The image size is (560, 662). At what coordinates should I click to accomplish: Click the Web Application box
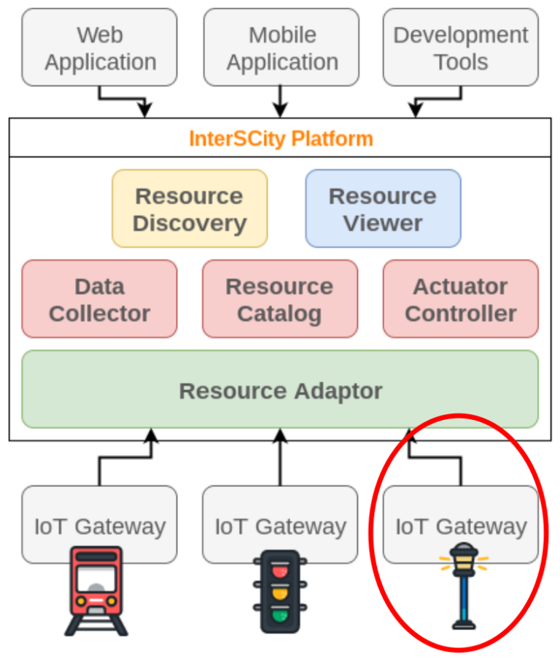coord(99,47)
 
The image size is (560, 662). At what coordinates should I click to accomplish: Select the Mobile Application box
coord(281,47)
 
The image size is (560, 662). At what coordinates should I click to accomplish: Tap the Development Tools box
coord(460,47)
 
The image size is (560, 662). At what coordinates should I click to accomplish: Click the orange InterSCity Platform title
coord(281,139)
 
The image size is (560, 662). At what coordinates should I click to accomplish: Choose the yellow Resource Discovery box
coord(190,209)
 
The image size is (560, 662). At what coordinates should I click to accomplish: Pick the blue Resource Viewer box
coord(383,209)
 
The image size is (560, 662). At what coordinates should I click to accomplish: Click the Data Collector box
coord(99,299)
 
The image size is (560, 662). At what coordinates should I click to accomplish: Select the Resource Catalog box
coord(279,299)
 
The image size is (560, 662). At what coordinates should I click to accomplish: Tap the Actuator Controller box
coord(460,299)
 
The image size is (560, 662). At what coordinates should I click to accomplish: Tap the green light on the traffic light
coord(280,617)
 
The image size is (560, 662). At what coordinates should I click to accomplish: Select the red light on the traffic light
coord(280,571)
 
